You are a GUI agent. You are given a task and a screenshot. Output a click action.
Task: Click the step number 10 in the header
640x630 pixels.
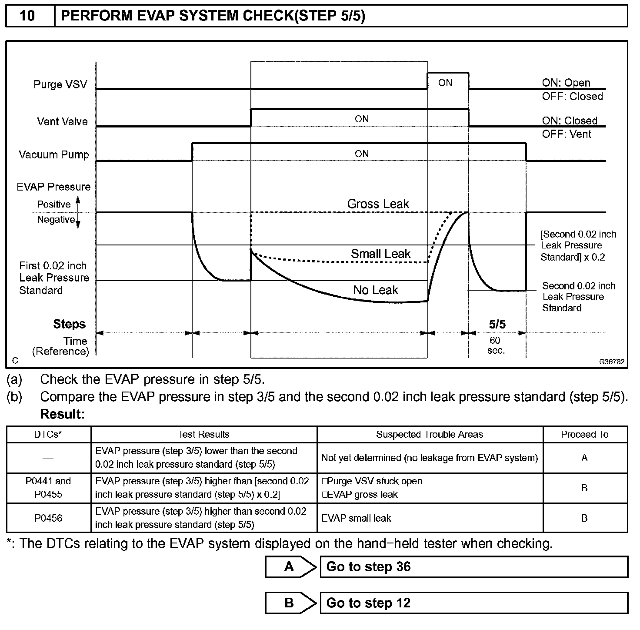coord(27,16)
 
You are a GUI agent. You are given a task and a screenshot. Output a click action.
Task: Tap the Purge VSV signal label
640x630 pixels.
coord(60,84)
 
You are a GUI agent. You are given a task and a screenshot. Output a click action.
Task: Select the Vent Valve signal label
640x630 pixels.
coord(62,121)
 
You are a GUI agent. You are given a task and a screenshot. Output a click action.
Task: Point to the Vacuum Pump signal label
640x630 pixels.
coord(53,154)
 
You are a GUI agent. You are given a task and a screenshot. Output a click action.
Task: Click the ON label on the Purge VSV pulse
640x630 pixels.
coord(445,83)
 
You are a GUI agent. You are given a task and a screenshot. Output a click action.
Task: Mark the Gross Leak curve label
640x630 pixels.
coord(378,204)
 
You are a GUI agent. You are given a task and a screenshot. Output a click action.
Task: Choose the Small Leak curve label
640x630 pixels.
coord(380,254)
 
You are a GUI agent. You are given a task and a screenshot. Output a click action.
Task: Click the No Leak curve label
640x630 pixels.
coord(375,290)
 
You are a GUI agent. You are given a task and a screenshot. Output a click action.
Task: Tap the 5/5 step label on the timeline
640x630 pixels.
coord(497,324)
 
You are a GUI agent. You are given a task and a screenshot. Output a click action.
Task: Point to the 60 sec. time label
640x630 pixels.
coord(496,345)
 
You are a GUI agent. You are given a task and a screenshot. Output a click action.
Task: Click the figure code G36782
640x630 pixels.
coord(611,362)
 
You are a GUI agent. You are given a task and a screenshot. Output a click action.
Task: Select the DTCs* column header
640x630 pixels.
coord(48,434)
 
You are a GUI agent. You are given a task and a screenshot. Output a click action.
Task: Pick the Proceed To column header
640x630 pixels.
coord(584,434)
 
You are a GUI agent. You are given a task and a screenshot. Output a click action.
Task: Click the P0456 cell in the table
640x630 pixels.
coord(48,518)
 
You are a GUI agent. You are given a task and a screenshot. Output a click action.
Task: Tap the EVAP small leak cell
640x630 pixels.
coord(356,518)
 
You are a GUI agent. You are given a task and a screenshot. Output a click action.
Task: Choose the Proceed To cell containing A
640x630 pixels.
coord(584,458)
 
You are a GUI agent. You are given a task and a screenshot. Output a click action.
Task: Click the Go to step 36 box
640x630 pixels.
coord(473,566)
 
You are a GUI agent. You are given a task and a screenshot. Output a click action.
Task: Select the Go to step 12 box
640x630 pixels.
coord(473,603)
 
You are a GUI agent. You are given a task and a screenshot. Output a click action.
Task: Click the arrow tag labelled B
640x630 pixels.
coord(290,603)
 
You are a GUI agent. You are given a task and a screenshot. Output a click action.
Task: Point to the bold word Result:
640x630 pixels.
coord(62,414)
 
